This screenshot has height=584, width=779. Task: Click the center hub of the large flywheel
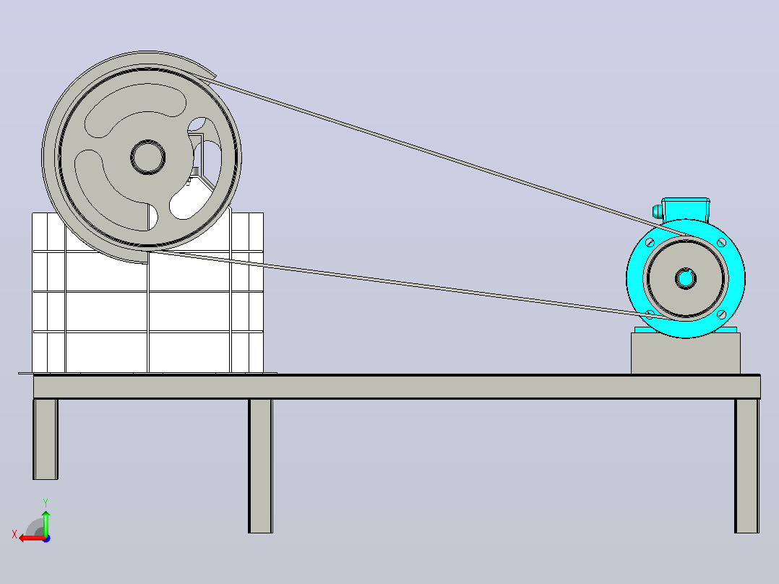(147, 157)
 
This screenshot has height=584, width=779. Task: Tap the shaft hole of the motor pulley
(686, 278)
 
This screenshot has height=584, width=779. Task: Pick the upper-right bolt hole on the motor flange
(721, 243)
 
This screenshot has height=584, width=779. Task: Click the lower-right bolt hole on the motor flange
(722, 314)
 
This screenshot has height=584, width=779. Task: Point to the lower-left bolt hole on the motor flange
(650, 314)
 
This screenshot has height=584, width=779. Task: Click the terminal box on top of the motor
(686, 209)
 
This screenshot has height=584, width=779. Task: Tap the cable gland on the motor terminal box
(658, 211)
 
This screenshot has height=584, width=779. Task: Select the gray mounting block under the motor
(686, 353)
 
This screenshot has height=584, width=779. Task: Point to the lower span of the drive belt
(408, 284)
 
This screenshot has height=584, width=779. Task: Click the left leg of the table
(46, 439)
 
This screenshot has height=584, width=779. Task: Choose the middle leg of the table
(260, 465)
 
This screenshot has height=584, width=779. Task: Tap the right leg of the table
(746, 465)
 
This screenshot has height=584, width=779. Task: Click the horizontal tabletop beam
(397, 387)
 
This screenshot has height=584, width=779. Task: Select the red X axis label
(14, 535)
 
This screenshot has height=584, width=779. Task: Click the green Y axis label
(46, 502)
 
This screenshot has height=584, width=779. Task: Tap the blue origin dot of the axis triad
(46, 538)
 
